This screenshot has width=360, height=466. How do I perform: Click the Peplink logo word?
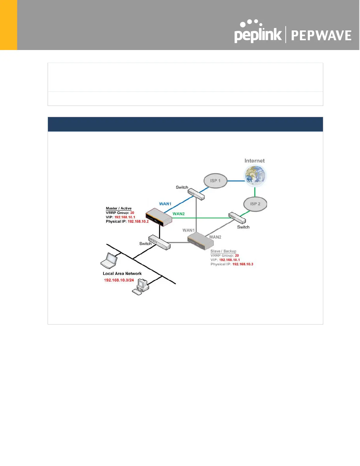258,35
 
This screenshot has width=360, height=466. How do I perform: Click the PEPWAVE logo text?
321,36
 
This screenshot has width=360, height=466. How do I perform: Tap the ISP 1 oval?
215,181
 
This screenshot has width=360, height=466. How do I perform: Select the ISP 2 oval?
255,204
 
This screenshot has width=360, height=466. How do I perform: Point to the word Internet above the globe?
254,161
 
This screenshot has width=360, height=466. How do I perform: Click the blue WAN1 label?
165,204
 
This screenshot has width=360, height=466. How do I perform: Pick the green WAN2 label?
179,214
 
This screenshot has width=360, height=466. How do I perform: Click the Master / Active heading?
119,208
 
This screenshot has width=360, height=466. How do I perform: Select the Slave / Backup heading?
223,251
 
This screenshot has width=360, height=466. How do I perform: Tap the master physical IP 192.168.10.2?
138,222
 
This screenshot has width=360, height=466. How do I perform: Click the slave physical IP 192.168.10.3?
243,264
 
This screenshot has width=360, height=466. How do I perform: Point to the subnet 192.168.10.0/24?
119,280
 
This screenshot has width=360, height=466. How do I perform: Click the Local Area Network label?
122,274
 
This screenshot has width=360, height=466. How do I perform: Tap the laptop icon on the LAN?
109,261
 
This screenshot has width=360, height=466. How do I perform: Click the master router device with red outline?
159,217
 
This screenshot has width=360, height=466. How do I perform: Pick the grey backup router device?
201,241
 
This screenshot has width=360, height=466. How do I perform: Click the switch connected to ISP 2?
237,218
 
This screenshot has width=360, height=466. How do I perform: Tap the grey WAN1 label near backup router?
188,230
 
